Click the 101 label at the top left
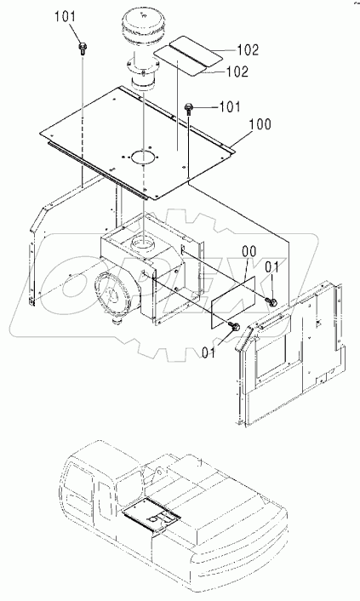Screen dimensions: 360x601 point(65,17)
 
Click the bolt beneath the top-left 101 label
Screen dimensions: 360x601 point(82,49)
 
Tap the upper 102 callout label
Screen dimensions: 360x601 point(248,50)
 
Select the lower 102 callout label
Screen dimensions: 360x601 point(237,72)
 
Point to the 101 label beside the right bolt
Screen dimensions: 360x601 point(230,106)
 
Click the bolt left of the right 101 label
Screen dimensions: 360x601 point(189,108)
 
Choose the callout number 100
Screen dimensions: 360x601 point(260,124)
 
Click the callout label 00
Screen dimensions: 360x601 point(249,253)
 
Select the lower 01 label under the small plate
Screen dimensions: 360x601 point(209,352)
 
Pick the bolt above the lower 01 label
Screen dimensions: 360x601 point(234,327)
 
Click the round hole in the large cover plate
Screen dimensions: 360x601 point(143,157)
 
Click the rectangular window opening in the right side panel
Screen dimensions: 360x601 point(275,357)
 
